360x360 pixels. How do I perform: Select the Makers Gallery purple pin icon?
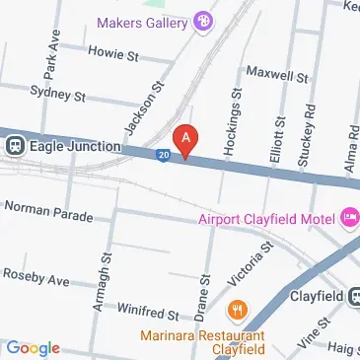[x=203, y=19]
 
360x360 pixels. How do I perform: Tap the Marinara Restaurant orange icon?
[x=236, y=313]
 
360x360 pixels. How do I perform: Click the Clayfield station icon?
[x=352, y=295]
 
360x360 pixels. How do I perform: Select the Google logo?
[x=33, y=347]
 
